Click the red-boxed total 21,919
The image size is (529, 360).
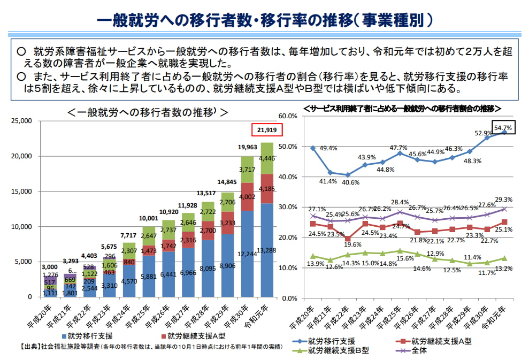pos(267,130)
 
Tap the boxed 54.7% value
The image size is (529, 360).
pos(503,127)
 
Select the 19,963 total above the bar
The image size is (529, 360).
pos(247,147)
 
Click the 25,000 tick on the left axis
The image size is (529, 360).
pos(21,121)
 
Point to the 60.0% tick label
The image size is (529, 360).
pos(288,116)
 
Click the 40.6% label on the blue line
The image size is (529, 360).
pos(350,182)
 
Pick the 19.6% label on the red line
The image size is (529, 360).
pos(352,244)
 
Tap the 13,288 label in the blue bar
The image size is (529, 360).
pos(266,250)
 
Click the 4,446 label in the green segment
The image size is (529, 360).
pos(267,158)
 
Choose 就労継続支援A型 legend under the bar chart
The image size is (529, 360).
pos(193,336)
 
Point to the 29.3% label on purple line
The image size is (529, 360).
pos(503,200)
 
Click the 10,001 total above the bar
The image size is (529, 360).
pos(149,218)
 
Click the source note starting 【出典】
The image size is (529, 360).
pos(151,347)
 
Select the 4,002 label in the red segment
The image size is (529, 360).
pos(247,197)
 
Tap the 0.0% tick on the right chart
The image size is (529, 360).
pos(289,298)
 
